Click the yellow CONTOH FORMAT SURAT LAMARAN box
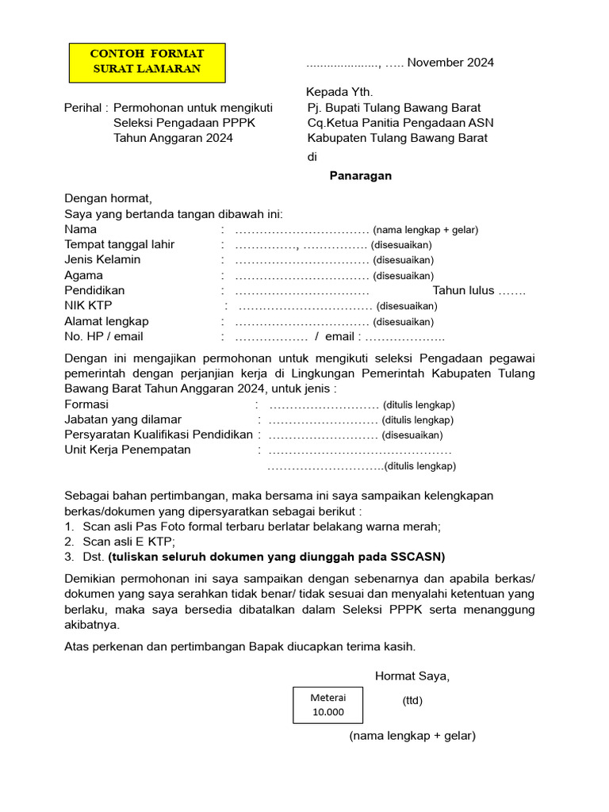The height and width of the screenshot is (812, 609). tap(147, 62)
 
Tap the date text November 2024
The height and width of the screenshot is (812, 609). tap(450, 63)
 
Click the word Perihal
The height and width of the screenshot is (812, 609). tap(82, 108)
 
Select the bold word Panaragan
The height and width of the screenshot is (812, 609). tap(361, 176)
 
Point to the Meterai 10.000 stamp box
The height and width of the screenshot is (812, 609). tap(327, 704)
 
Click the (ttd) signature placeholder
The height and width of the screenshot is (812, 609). tap(412, 700)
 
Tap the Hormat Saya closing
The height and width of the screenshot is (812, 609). tap(412, 676)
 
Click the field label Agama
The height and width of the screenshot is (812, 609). tap(83, 275)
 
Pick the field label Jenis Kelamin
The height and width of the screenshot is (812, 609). tap(102, 259)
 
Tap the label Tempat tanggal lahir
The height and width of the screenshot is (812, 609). tap(119, 244)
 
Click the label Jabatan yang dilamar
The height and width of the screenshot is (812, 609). tap(123, 419)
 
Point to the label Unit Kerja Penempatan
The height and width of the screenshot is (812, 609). tap(128, 450)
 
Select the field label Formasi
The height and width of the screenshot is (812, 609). tap(86, 404)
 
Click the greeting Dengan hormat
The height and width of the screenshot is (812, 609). tap(108, 199)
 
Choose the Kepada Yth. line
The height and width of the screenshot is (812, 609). tap(339, 93)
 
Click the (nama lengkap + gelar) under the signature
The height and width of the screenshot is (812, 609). tap(412, 736)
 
